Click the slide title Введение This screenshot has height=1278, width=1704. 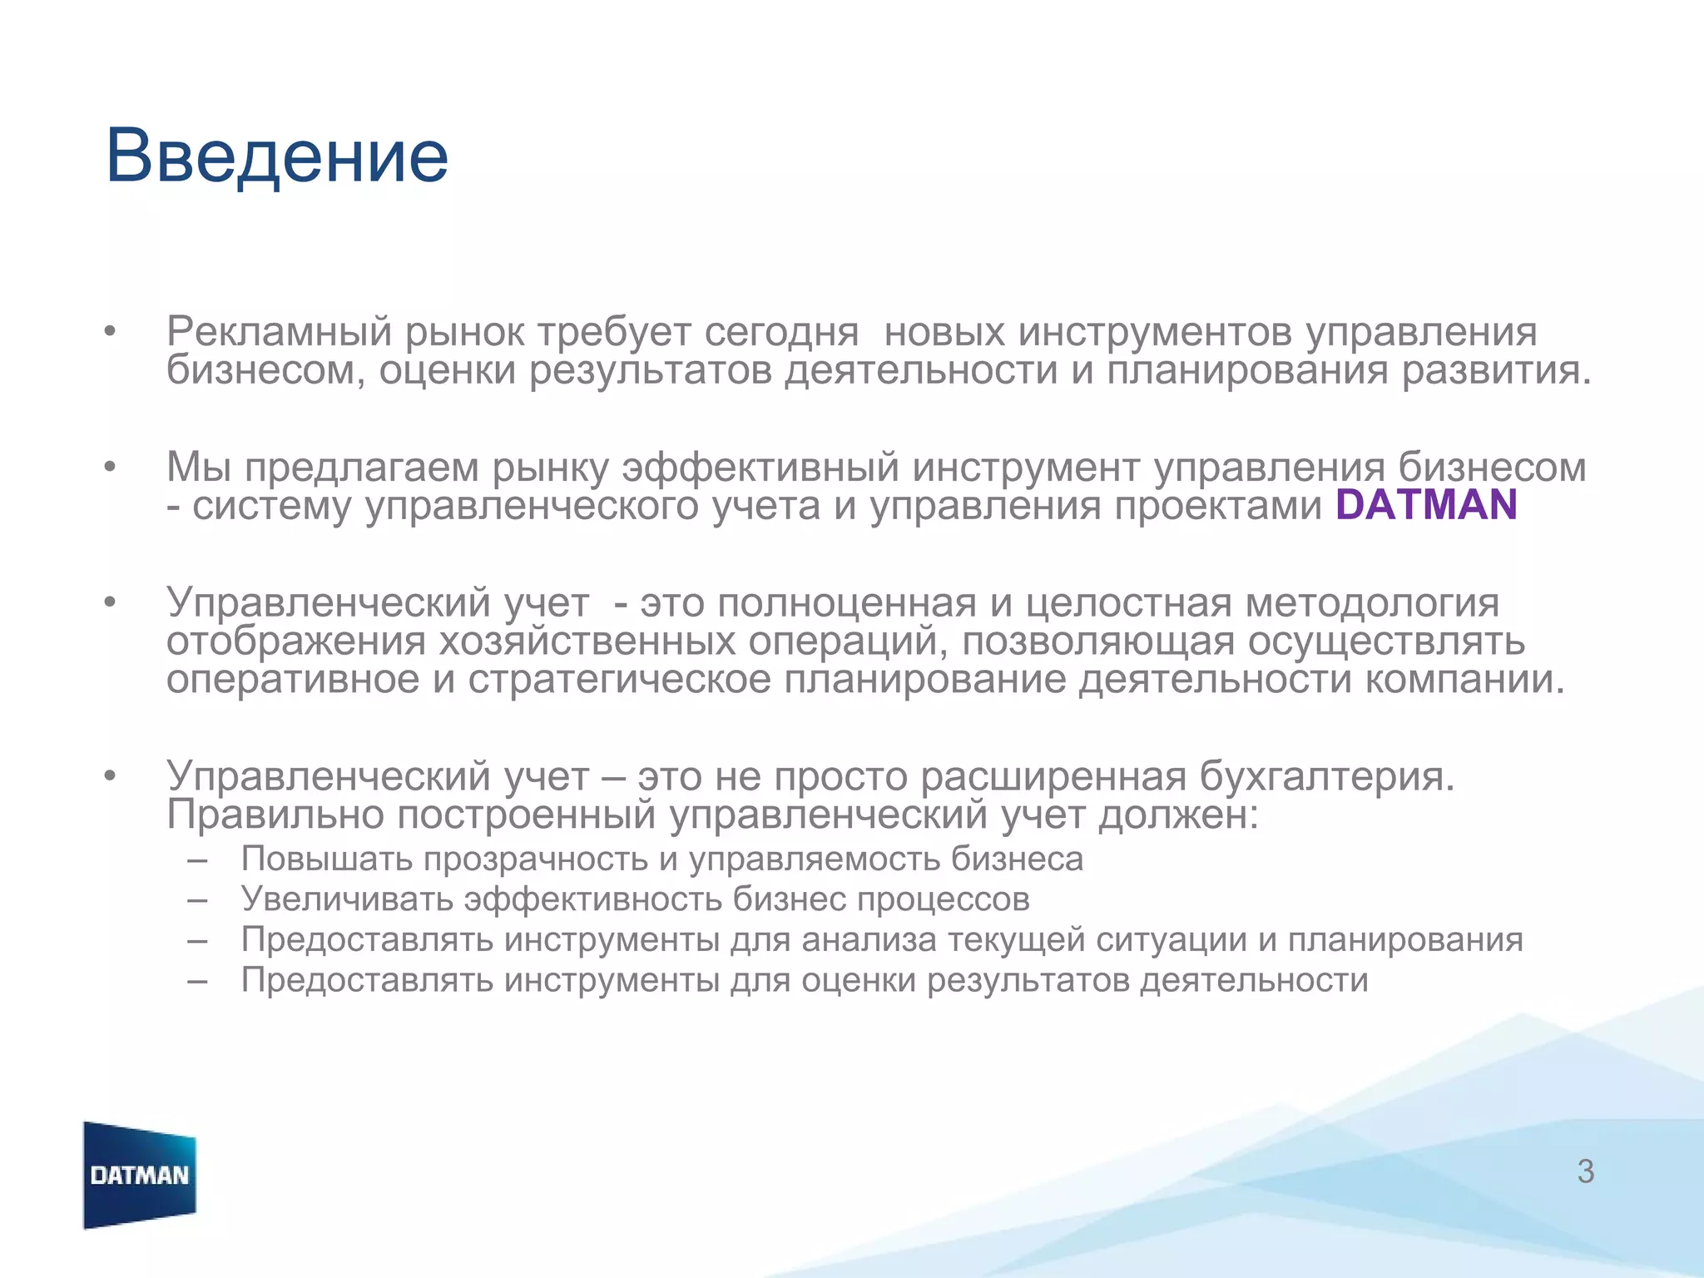click(x=277, y=156)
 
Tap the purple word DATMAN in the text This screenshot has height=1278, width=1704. click(x=1426, y=505)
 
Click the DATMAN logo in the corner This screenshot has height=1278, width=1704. click(x=140, y=1175)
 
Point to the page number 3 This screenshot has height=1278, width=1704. click(x=1585, y=1171)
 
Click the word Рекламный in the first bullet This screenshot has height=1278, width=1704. click(x=279, y=332)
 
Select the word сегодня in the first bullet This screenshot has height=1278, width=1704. click(x=781, y=332)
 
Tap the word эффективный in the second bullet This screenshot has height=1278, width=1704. click(x=760, y=467)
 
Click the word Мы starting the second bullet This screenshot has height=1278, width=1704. click(x=198, y=467)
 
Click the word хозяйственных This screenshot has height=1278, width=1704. click(x=587, y=641)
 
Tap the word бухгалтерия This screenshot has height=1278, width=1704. click(x=1326, y=776)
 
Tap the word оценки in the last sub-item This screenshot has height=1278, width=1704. click(x=859, y=980)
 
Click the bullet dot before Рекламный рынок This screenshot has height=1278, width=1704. click(x=109, y=332)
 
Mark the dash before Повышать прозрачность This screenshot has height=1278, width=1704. click(x=197, y=859)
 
